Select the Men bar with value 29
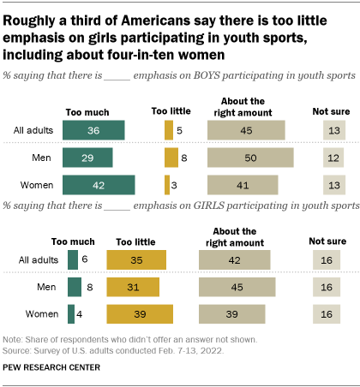pyautogui.click(x=87, y=158)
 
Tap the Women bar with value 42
pyautogui.click(x=99, y=186)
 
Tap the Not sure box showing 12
pyautogui.click(x=333, y=158)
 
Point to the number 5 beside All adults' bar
pyautogui.click(x=179, y=130)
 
